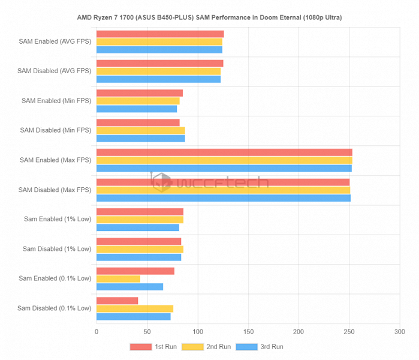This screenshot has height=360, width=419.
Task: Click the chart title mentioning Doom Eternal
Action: point(209,17)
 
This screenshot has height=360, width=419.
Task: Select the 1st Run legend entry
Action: point(150,347)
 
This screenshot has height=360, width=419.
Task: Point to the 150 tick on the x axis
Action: point(248,331)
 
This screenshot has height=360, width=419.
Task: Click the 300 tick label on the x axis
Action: point(400,331)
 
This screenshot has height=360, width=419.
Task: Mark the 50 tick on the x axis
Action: point(147,331)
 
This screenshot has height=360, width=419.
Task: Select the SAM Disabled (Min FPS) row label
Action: point(55,130)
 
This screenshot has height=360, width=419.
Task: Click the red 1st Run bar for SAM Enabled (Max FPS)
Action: point(224,152)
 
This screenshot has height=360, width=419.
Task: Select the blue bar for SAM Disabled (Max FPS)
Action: point(223,198)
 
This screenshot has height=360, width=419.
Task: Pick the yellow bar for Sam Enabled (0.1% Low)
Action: point(118,278)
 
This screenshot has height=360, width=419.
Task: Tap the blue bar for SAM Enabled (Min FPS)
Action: point(137,109)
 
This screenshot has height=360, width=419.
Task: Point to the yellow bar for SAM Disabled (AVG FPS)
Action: point(158,71)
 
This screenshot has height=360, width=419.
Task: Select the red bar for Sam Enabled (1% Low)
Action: point(140,212)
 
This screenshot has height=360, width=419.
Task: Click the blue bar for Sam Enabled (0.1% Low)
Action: point(129,286)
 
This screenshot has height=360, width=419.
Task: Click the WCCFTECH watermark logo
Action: point(209,181)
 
